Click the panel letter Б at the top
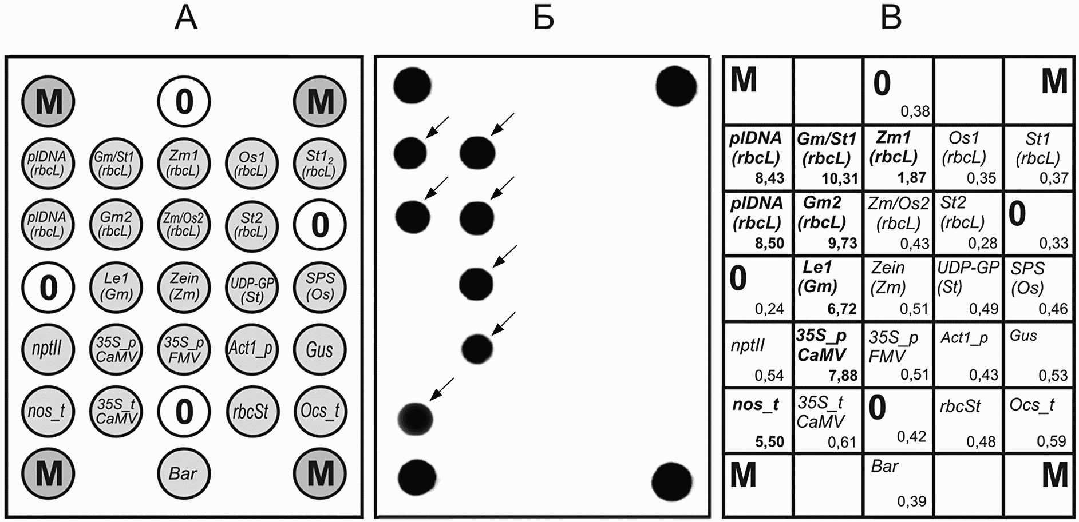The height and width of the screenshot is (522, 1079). tap(543, 18)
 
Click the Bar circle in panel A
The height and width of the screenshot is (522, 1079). tap(184, 473)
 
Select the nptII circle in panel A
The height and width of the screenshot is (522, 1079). tap(48, 349)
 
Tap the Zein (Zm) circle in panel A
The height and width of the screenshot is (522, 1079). tap(184, 286)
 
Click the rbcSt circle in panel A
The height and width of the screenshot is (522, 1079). tap(252, 411)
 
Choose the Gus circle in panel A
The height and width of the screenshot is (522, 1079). tap(319, 349)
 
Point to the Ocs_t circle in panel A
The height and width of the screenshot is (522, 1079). tap(319, 411)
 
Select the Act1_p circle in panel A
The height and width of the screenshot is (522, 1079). tap(252, 349)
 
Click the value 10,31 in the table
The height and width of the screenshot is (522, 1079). tap(839, 178)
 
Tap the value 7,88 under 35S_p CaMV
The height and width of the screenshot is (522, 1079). tap(843, 376)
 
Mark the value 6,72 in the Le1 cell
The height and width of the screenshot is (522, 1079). tap(841, 309)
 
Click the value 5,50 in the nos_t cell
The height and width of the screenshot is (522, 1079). tap(769, 441)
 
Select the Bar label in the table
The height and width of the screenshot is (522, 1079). tap(884, 467)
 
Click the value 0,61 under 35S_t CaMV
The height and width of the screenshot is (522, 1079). tap(841, 441)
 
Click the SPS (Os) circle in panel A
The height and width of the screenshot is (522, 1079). tap(319, 286)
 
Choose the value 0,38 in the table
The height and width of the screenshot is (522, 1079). tap(915, 111)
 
